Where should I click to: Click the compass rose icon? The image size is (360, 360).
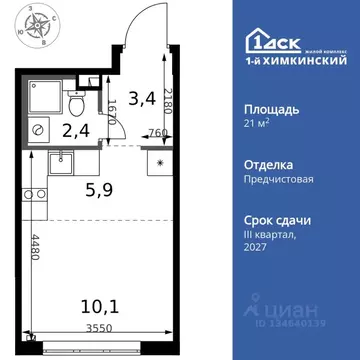(29, 28)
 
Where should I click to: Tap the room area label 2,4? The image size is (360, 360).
(76, 129)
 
